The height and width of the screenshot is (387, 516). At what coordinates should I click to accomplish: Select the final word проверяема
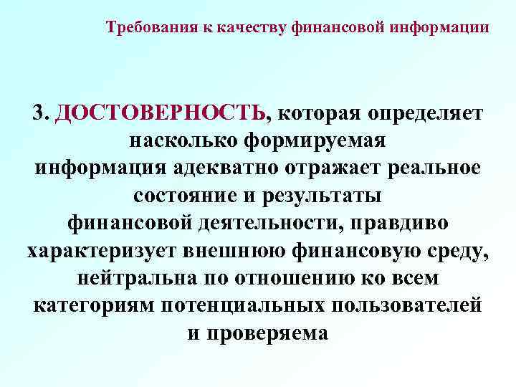coord(268,333)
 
